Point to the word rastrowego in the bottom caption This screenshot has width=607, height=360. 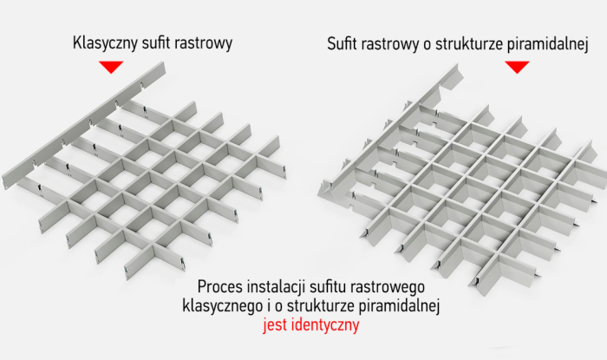click(395, 286)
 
